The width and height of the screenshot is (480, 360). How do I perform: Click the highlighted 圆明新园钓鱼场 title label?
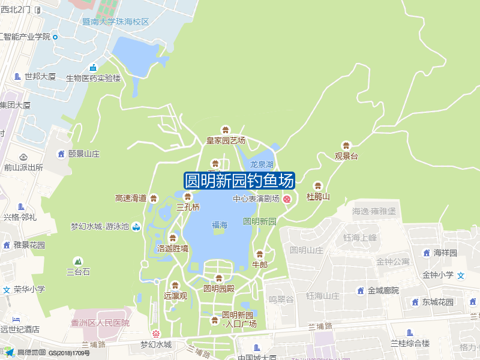[239, 181]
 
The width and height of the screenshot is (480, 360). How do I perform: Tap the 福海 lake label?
[220, 225]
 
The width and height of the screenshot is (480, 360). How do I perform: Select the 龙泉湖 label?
[262, 164]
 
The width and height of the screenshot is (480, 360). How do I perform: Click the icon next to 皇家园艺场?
[226, 130]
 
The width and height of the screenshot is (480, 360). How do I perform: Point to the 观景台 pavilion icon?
[346, 146]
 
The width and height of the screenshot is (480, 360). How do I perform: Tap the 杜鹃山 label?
[318, 196]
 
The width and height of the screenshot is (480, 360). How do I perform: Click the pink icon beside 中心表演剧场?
[287, 199]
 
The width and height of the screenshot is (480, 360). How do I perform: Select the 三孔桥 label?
[188, 207]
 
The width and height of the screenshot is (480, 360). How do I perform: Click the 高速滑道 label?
[131, 198]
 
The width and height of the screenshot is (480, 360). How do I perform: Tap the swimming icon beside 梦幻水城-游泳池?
[136, 226]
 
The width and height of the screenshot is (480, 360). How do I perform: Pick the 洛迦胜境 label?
[173, 248]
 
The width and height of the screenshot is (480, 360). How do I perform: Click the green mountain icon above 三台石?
[77, 261]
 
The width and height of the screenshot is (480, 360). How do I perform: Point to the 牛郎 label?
[260, 264]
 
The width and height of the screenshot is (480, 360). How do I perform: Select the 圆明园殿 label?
[218, 288]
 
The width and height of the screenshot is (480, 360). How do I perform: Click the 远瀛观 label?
[176, 295]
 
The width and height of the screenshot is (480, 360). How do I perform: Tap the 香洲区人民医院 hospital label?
[100, 323]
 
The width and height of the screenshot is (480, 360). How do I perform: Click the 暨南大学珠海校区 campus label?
[115, 22]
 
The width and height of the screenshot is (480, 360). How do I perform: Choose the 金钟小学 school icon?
[461, 275]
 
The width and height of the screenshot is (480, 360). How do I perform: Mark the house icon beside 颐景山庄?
[61, 154]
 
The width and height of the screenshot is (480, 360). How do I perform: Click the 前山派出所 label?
[23, 167]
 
